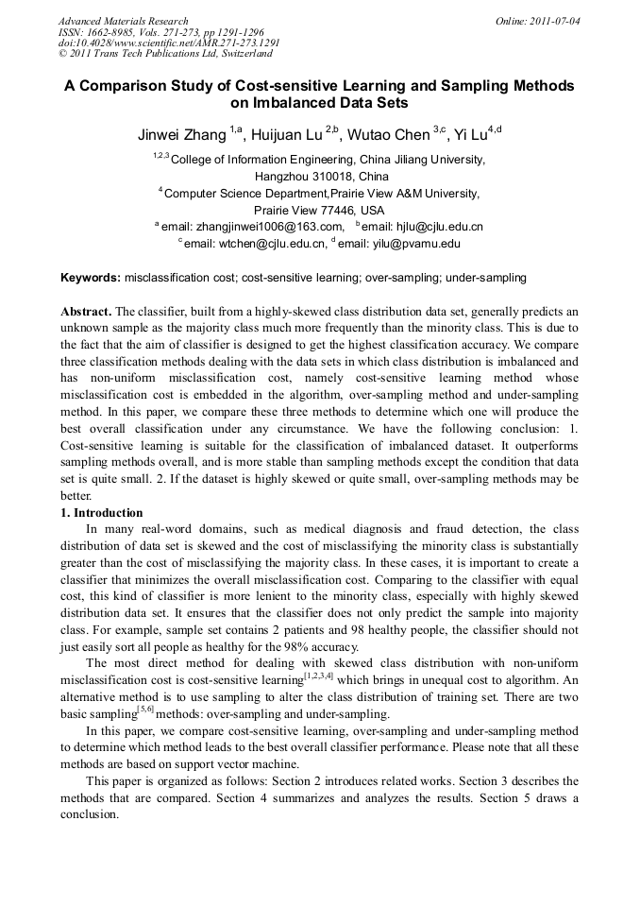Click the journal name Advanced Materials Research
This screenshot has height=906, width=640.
123,21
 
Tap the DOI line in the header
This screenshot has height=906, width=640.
169,43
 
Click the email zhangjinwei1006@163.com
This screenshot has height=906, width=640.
270,227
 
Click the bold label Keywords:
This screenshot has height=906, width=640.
91,278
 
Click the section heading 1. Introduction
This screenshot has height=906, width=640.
102,513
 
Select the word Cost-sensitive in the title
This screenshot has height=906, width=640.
289,85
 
